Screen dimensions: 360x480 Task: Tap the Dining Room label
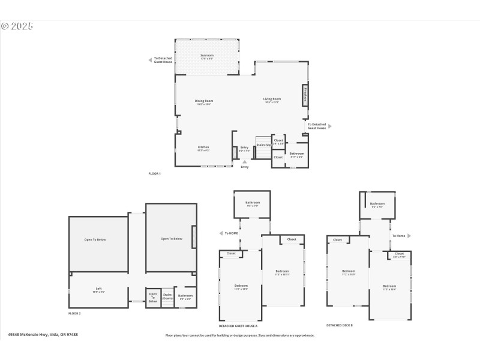[x=203, y=102]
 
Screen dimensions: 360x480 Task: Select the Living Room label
[x=272, y=100]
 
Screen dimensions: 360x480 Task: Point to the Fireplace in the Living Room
[x=305, y=95]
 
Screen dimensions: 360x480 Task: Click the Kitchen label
[x=203, y=148]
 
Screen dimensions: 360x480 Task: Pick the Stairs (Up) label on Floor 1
[x=263, y=145]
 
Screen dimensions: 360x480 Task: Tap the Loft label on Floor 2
[x=99, y=290]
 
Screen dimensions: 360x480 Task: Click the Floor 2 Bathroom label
[x=185, y=296]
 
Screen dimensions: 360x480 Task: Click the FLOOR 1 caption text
[x=155, y=173]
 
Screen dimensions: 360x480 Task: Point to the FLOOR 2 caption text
[x=74, y=313]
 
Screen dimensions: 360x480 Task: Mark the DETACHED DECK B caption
[x=340, y=325]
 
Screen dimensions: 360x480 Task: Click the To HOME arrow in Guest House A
[x=222, y=233]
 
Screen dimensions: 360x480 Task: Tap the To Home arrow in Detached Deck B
[x=409, y=236]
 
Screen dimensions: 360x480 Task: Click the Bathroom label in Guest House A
[x=253, y=203]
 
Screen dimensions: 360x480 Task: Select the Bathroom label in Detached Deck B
[x=377, y=205]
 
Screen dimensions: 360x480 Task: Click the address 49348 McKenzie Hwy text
[x=43, y=335]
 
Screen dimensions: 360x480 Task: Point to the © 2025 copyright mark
[x=17, y=26]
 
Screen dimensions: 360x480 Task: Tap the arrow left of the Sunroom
[x=150, y=60]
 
